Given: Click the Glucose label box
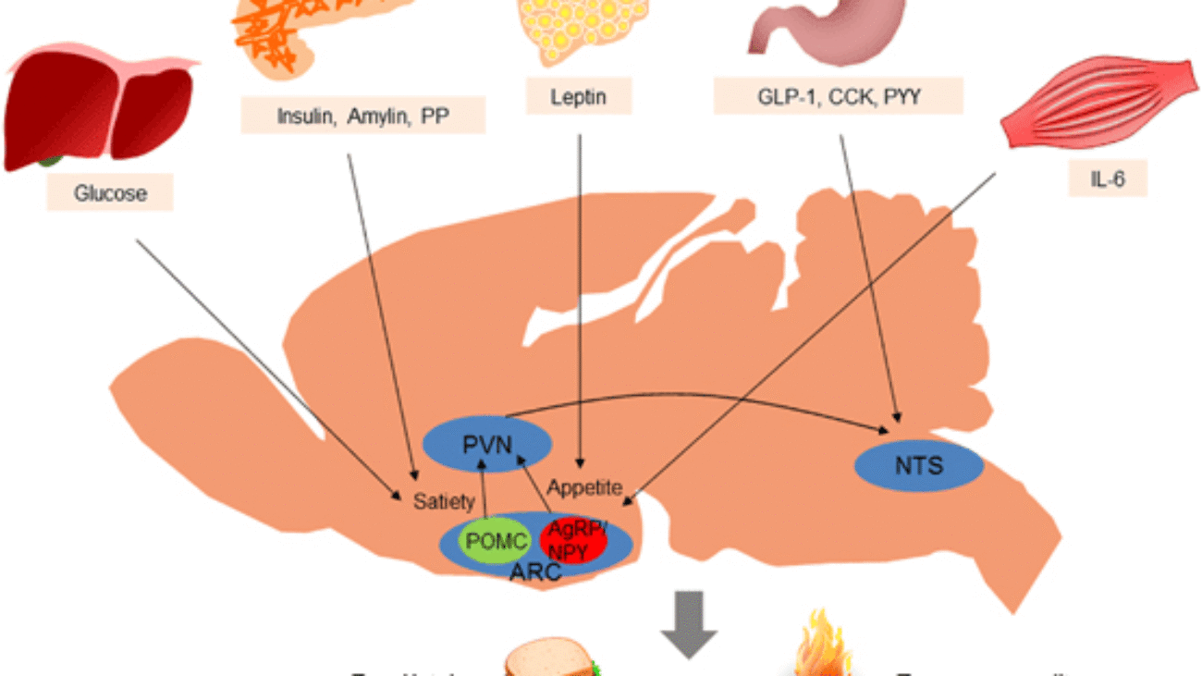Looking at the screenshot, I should point(111,193).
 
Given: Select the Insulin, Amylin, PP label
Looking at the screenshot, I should point(362,117).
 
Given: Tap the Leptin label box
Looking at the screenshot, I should point(579,96).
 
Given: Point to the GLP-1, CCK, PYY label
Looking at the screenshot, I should point(838,96).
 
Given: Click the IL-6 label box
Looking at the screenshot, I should point(1107,178).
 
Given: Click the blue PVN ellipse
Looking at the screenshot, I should point(487,445).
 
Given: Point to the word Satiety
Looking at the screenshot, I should point(444,501).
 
